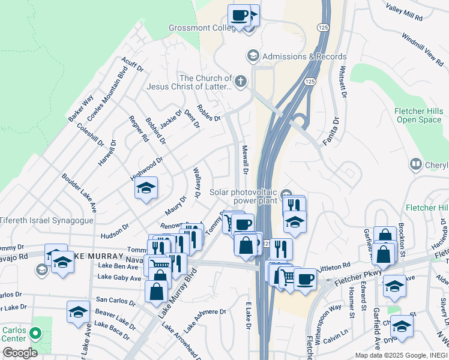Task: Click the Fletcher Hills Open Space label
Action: [x=419, y=115]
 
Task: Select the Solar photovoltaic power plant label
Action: [x=245, y=196]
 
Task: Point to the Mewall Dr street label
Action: [x=244, y=159]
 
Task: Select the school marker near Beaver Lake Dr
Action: [x=78, y=312]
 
